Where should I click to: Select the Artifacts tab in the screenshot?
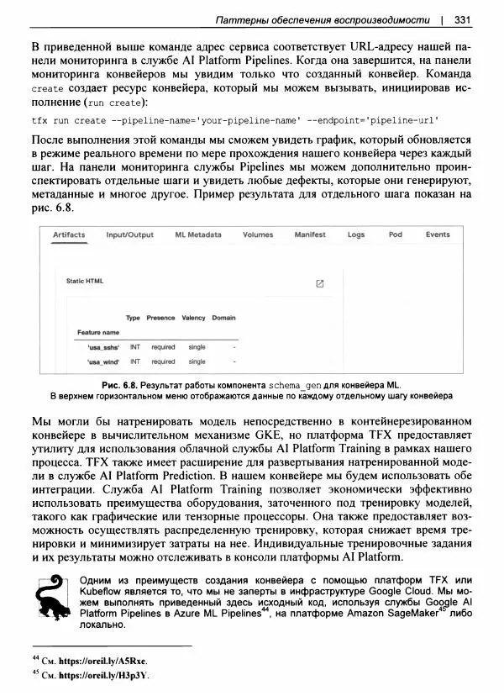click(x=69, y=235)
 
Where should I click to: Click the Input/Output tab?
click(x=129, y=235)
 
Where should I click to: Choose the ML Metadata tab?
click(x=198, y=235)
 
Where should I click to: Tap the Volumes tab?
click(x=258, y=235)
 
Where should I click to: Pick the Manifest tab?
click(x=310, y=235)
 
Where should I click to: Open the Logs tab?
click(x=356, y=235)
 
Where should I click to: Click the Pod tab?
click(x=396, y=235)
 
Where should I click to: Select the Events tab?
click(x=438, y=235)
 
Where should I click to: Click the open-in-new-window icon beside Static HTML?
click(x=319, y=284)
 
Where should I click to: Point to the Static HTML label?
click(x=84, y=282)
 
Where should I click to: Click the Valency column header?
click(x=193, y=319)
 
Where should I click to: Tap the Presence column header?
click(x=160, y=319)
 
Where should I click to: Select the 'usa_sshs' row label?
click(x=103, y=346)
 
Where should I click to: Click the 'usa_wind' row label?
click(x=103, y=361)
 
